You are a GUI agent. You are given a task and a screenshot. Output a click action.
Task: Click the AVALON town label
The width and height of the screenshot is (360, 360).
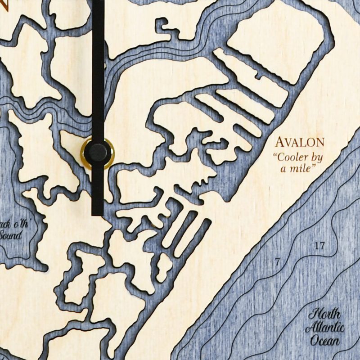[x=300, y=143]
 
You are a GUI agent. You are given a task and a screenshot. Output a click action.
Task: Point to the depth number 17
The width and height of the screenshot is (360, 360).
[x=319, y=246]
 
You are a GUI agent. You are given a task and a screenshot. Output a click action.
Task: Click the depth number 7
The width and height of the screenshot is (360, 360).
[x=277, y=261]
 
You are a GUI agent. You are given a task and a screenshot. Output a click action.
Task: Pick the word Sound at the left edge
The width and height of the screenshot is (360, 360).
[x=9, y=235]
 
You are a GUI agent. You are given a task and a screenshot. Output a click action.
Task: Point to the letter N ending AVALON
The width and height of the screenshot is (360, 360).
[x=319, y=143]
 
